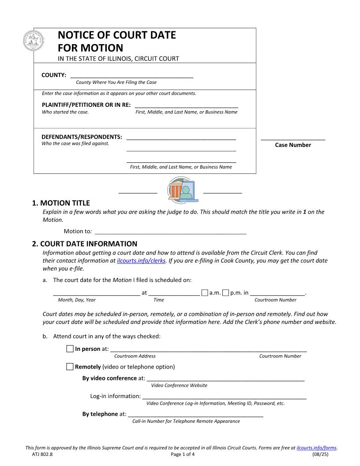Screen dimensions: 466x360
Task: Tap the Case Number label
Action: [293, 145]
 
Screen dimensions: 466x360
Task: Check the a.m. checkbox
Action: [205, 293]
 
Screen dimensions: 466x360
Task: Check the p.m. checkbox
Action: [226, 293]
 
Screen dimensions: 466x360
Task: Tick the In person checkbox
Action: [70, 349]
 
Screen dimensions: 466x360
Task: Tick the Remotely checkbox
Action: [70, 367]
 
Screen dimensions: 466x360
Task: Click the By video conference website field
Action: [225, 378]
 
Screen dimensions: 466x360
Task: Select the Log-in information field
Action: [224, 396]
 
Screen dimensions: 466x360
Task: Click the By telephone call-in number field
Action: [195, 414]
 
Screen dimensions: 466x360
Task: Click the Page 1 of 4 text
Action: [182, 454]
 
